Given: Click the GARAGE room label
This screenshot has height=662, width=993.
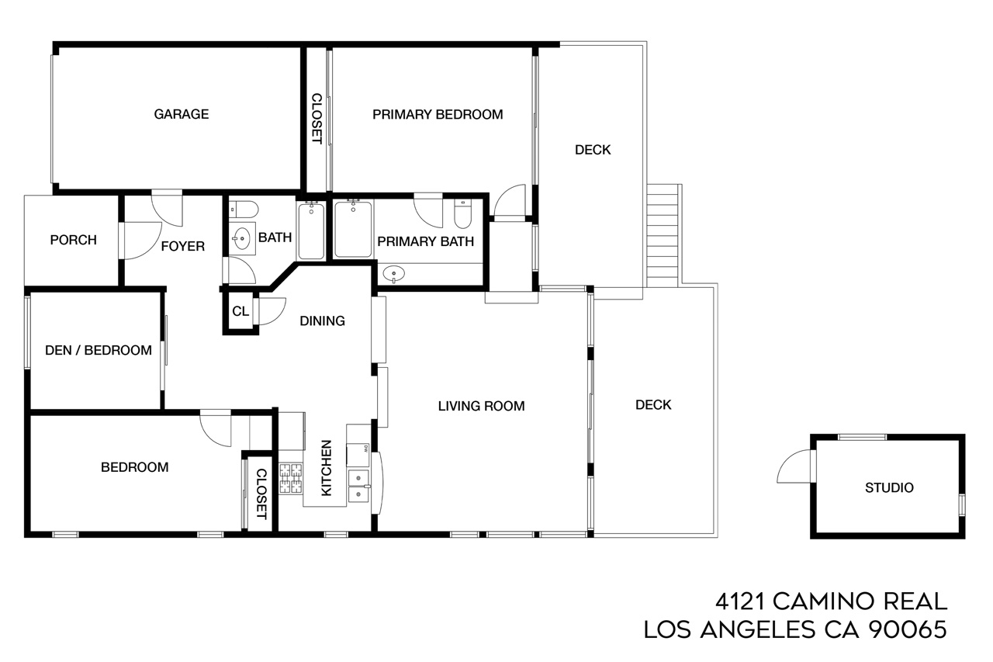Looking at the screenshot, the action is point(182,114).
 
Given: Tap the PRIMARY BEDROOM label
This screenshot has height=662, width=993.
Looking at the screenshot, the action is point(438,114).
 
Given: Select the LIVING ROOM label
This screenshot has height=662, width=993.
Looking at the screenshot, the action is point(482,406).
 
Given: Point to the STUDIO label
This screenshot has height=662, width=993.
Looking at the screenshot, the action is point(889,487).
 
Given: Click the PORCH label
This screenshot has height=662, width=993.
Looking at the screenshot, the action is point(73,240).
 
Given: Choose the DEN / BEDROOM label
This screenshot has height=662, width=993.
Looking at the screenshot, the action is point(99,350).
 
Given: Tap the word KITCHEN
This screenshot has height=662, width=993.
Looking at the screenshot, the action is point(326,468).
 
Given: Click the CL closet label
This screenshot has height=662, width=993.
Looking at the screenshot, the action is point(240,311).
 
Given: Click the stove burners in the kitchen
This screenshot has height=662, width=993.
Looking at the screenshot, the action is point(291,478).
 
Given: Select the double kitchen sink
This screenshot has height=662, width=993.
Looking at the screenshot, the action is point(358,486).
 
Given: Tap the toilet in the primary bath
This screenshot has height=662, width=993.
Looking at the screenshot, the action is point(463,213).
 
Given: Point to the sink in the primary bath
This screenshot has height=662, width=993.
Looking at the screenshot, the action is point(393,275).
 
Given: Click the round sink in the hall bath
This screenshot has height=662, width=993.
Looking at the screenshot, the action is point(241,239).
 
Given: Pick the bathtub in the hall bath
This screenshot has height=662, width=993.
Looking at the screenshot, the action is point(311,230).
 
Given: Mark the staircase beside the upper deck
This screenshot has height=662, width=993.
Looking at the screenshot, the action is point(663,235).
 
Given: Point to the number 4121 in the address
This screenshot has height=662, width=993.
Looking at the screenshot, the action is point(740,601).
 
